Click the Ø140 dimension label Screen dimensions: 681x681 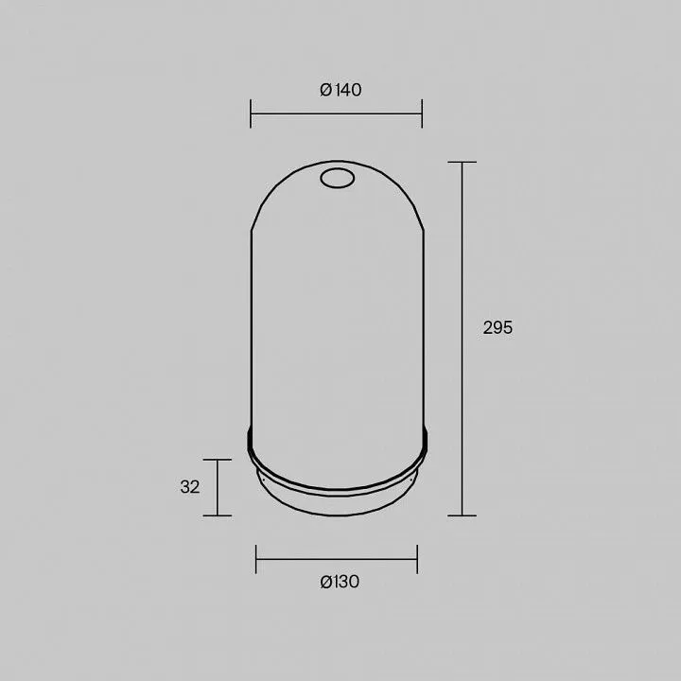(340, 90)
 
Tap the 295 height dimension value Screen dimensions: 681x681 (498, 327)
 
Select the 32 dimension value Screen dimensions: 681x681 (190, 487)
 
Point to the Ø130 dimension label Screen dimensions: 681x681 (340, 582)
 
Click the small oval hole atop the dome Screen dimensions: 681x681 (337, 178)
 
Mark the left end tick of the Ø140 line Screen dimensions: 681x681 (251, 113)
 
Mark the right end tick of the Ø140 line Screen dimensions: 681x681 (422, 113)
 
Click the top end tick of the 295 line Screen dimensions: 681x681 (463, 162)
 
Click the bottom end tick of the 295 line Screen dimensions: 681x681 (463, 515)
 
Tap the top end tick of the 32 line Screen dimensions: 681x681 (218, 459)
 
